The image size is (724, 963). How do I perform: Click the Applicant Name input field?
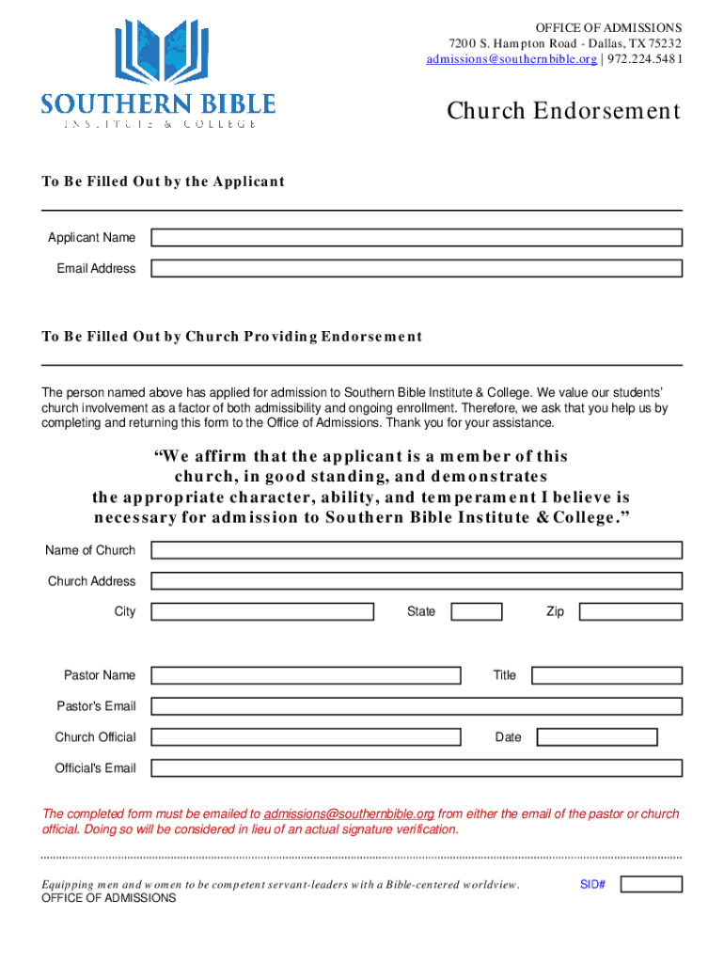pos(417,238)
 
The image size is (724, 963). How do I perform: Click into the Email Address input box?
pos(417,269)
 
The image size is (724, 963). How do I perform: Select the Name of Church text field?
pos(417,550)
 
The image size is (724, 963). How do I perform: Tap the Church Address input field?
pos(417,581)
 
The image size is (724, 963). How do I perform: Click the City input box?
pos(262,612)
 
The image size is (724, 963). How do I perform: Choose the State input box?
pos(476,612)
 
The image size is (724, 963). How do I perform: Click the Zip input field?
pos(630,612)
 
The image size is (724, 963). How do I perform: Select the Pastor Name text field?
pos(306,675)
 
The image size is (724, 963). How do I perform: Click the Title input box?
pos(606,675)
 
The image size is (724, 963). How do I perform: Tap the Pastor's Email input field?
pos(417,706)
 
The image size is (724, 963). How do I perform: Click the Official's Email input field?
pos(417,768)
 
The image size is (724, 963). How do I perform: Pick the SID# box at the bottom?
pos(652,884)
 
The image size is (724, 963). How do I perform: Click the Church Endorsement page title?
pos(562,111)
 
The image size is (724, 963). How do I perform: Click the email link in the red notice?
pos(349,813)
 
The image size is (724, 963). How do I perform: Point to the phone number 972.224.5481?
pos(644,59)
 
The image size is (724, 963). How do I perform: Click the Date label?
pos(508,737)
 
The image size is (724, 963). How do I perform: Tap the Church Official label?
pos(95,737)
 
